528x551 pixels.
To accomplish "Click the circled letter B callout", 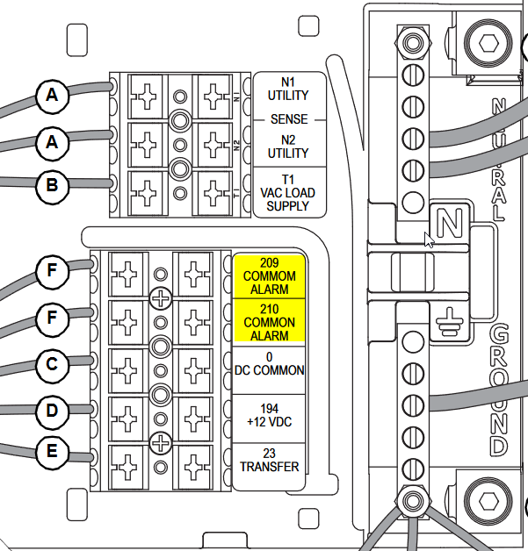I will (x=52, y=185).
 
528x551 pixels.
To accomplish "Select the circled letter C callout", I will (x=52, y=363).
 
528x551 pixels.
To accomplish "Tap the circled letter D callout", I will (x=52, y=410).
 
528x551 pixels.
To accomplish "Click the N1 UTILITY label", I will (x=289, y=89).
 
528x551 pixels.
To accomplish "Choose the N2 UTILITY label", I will (x=289, y=146).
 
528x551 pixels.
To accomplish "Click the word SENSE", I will (x=289, y=118).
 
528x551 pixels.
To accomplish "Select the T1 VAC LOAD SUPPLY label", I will (x=289, y=193).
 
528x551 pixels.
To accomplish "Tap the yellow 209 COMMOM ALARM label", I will (x=270, y=275).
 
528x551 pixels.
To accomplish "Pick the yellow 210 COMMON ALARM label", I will (x=270, y=322).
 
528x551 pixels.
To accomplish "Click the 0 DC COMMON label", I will (x=270, y=363).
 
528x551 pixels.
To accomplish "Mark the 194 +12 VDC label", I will (x=270, y=415).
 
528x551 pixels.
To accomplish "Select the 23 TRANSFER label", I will (x=270, y=460).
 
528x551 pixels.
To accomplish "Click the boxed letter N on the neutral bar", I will (x=449, y=224).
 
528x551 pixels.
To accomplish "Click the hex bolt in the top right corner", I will (x=487, y=41).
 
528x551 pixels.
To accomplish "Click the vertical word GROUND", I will (x=499, y=390).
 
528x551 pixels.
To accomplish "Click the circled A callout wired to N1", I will (x=52, y=96).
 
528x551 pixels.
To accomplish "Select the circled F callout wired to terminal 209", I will (x=52, y=273).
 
